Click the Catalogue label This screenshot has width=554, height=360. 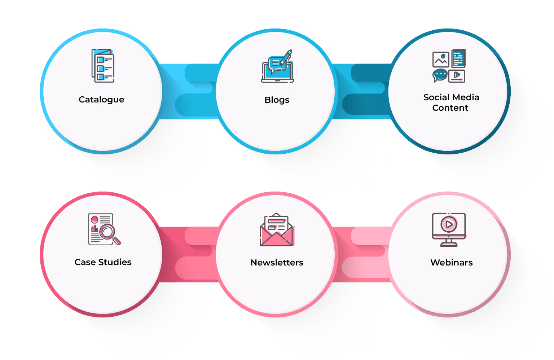[x=101, y=100]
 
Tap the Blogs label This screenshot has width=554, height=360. [x=277, y=100]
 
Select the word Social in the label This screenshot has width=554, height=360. [x=435, y=97]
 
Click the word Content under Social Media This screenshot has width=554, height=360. [x=450, y=108]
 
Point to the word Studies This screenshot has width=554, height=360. [x=115, y=262]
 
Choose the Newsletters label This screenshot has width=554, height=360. [x=277, y=263]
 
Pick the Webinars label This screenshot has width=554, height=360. [x=451, y=263]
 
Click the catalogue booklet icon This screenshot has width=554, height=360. [x=103, y=66]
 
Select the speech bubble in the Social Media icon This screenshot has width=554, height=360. [x=440, y=75]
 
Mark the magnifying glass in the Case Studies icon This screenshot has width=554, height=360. [x=108, y=232]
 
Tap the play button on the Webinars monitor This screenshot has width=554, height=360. [x=449, y=224]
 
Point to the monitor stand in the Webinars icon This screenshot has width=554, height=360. [x=449, y=242]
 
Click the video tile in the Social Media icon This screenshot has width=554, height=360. [x=457, y=76]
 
